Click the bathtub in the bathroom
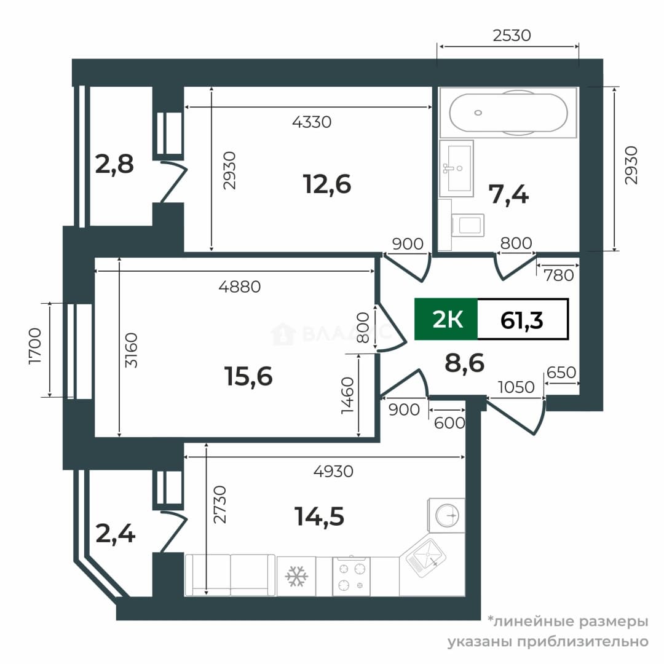pos(508,113)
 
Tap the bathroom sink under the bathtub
pos(456,168)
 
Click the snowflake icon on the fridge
pos(296,576)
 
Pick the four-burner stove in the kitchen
pos(351,576)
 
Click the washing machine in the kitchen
pos(446,515)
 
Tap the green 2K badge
pos(446,319)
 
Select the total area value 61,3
pos(521,320)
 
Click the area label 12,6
pos(327,184)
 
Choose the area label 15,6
pos(248,376)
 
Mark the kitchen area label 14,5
pos(319,516)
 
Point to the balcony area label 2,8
pos(114,164)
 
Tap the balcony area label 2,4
pos(115,534)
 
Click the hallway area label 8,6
pos(465,363)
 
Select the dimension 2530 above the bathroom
pos(512,35)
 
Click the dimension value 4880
pos(240,287)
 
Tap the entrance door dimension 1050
pos(516,387)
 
